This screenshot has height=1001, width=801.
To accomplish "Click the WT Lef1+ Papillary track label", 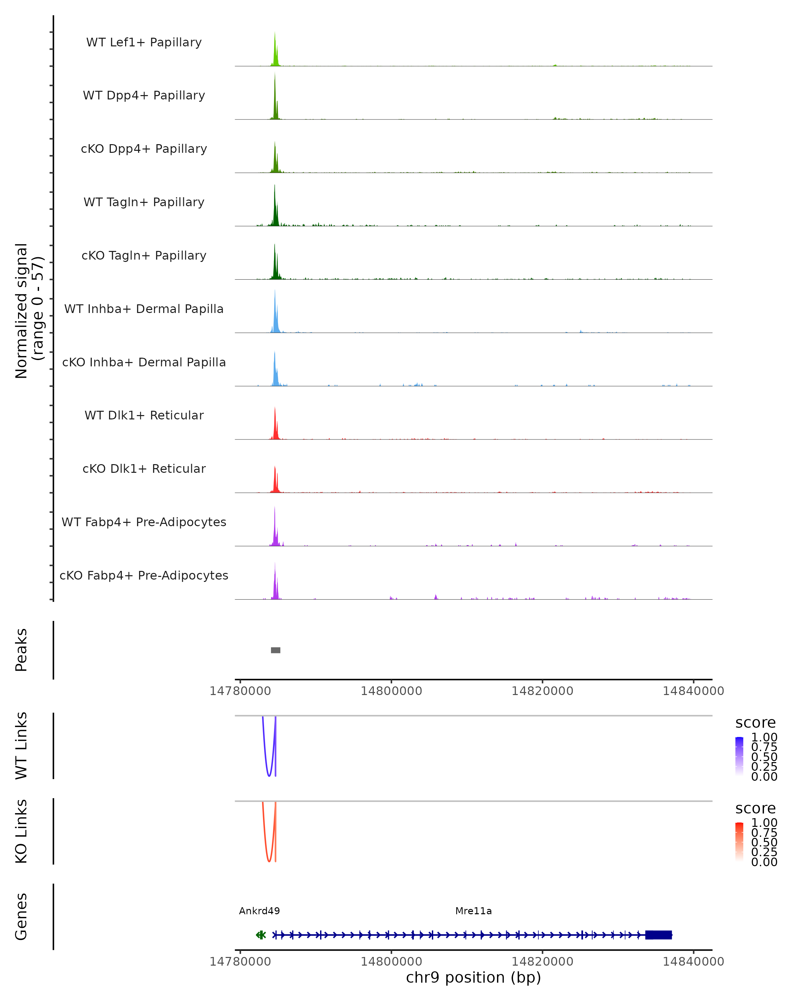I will coord(144,42).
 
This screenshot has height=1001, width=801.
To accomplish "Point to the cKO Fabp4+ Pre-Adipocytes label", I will coord(144,575).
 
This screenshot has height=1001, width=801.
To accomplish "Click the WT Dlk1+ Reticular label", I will coord(144,415).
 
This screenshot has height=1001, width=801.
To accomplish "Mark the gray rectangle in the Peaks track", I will coord(275,650).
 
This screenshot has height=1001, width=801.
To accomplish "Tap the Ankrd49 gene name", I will coord(259,911).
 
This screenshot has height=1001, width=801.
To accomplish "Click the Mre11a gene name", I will coord(473,911).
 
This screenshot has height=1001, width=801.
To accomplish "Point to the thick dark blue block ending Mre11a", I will coord(658,935).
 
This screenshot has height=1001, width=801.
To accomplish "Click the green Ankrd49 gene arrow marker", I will coord(261,935).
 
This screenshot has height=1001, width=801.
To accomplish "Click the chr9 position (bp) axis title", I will coord(473,978).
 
